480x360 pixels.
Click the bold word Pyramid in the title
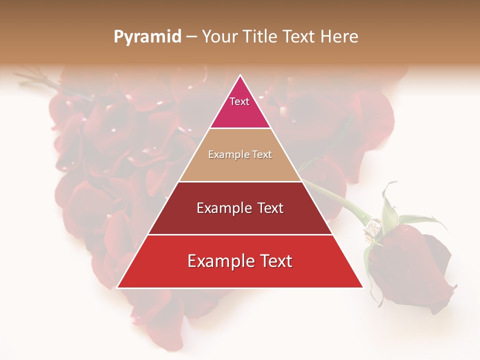tap(147, 36)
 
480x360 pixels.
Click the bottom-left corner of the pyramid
tap(118, 287)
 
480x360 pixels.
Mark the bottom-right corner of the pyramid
tap(362, 287)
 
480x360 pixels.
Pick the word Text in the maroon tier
tap(270, 208)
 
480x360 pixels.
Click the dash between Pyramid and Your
tap(191, 36)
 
